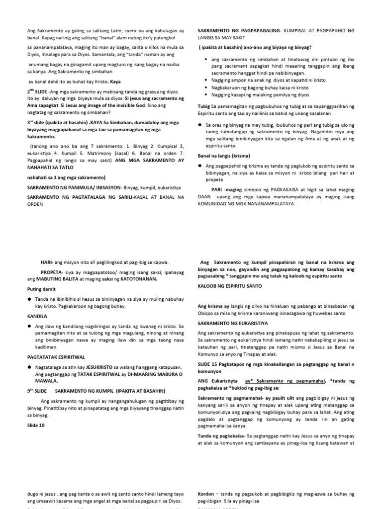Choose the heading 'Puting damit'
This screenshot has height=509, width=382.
(41, 289)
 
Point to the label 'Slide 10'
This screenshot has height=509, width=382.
(36, 425)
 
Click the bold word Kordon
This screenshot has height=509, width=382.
(207, 495)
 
